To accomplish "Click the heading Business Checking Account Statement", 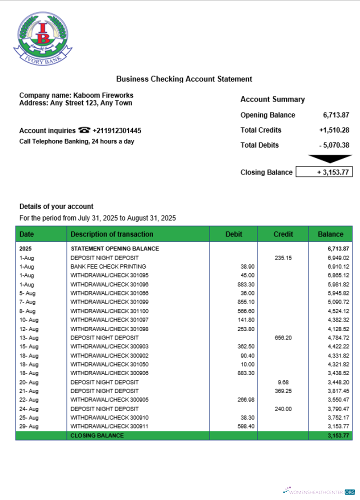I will pyautogui.click(x=184, y=79).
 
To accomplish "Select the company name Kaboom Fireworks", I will pyautogui.click(x=103, y=95).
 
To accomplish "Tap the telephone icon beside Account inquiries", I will pyautogui.click(x=84, y=130).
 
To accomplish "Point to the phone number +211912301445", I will pyautogui.click(x=116, y=130).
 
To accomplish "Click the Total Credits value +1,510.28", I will pyautogui.click(x=334, y=130).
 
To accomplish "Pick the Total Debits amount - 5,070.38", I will pyautogui.click(x=334, y=145).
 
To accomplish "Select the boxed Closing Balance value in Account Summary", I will pyautogui.click(x=324, y=172).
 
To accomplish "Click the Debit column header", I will pyautogui.click(x=233, y=234).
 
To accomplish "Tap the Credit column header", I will pyautogui.click(x=283, y=234).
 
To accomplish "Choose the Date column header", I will pyautogui.click(x=26, y=234).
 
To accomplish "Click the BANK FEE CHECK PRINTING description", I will pyautogui.click(x=108, y=266).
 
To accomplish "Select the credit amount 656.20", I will pyautogui.click(x=283, y=337).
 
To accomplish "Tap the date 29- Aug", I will pyautogui.click(x=28, y=426).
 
